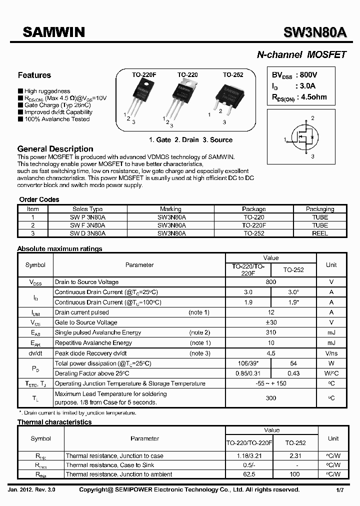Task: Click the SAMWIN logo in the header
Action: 54,33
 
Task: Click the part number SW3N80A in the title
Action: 314,33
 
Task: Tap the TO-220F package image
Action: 140,97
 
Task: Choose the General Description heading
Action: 55,149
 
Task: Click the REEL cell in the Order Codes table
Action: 320,233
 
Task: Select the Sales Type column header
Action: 87,209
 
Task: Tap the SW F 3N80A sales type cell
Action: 87,225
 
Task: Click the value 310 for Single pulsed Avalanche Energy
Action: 270,332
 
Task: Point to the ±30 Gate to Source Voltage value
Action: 270,322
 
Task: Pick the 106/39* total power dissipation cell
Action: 248,363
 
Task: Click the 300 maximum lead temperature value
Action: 270,397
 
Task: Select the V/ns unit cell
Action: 331,353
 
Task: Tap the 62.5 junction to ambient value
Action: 248,474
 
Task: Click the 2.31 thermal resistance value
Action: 294,455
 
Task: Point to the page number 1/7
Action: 339,489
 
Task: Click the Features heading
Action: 34,75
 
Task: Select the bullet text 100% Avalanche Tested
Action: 57,119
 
